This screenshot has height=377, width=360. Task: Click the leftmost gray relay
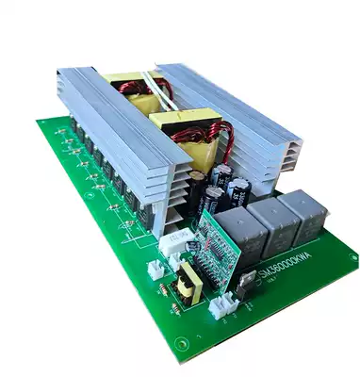(x=243, y=233)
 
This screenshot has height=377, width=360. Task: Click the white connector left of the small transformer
(x=155, y=269)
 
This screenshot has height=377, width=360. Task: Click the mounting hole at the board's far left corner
(x=44, y=124)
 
